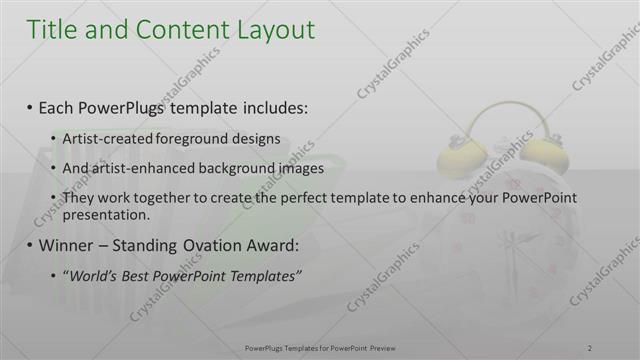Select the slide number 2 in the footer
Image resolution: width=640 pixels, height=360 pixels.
[x=589, y=348]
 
